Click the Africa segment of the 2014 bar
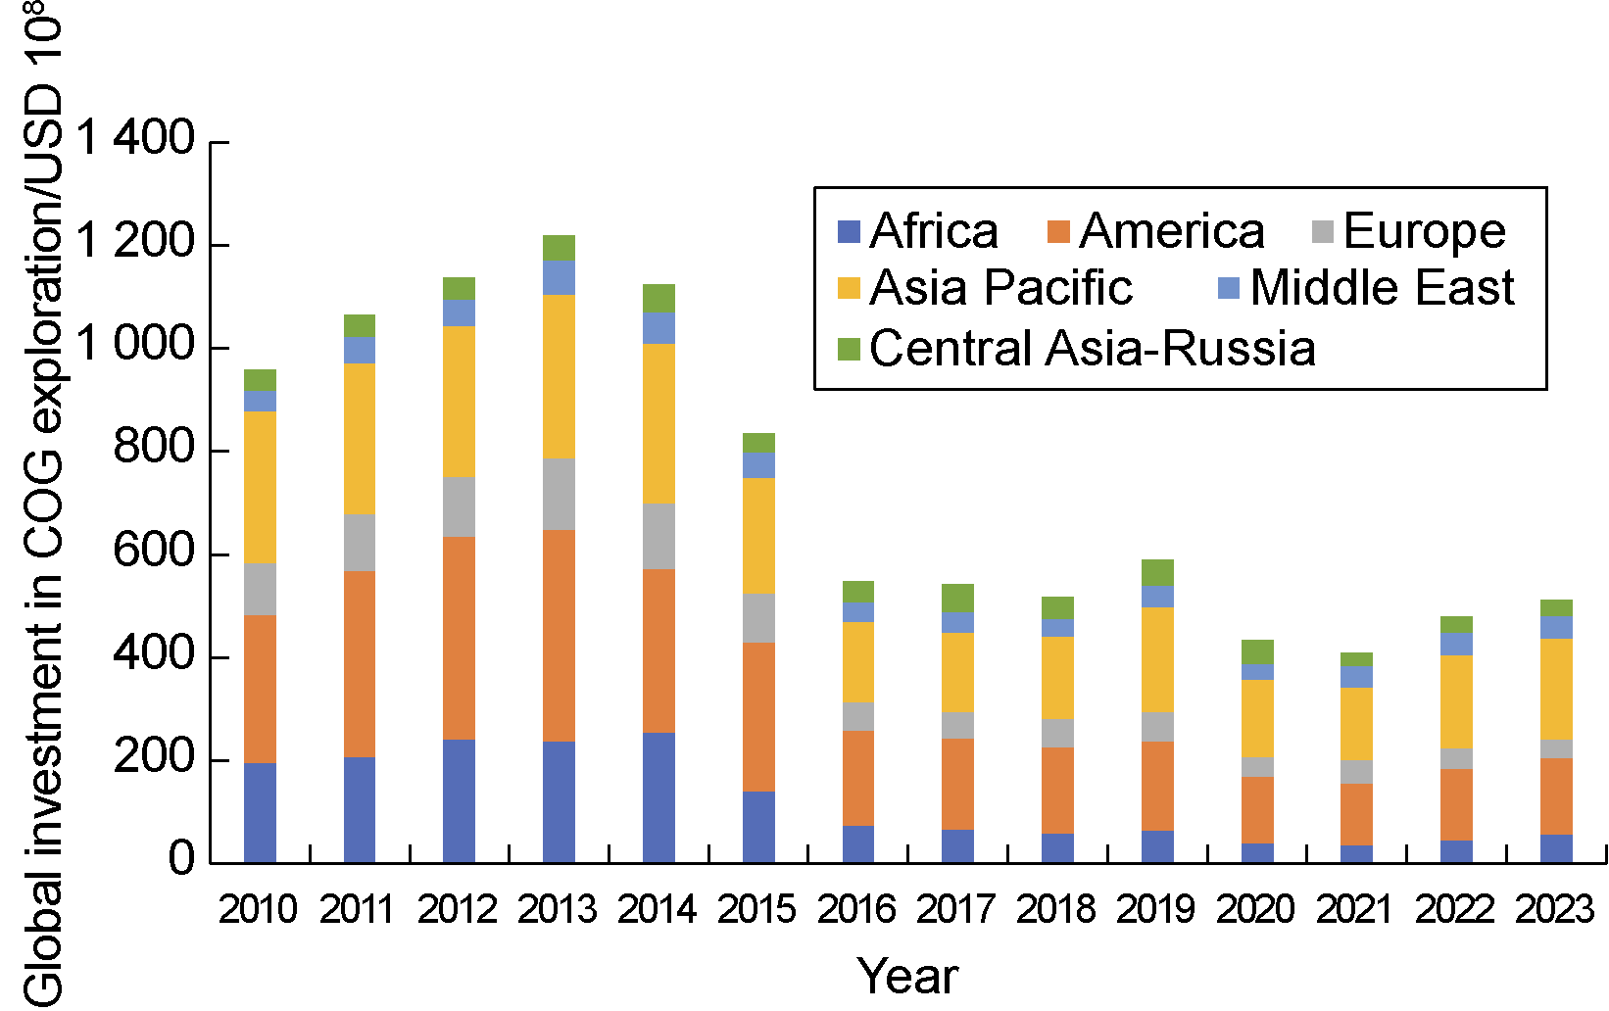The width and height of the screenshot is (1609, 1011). pos(658,797)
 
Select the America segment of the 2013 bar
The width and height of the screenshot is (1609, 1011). pos(559,636)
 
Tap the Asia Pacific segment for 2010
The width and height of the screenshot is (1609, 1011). pos(260,487)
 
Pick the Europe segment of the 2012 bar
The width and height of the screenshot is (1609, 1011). pos(459,506)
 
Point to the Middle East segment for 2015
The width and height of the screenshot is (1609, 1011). pos(758,464)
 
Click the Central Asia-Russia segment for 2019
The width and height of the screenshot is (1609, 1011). pos(1157,572)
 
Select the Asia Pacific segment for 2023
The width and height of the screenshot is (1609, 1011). pos(1556,689)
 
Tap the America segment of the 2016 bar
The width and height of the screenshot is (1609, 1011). pos(858,778)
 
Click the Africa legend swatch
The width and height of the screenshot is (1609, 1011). pos(849,232)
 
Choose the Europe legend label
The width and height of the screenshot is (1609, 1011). pos(1424,231)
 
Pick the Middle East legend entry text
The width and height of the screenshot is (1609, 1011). pos(1382,288)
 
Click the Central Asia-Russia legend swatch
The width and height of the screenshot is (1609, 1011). pos(849,349)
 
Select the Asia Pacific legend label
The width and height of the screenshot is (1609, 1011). pos(1000,288)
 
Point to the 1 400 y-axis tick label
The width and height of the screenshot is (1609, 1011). pos(136,138)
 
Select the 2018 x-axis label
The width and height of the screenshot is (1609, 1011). pos(1056,910)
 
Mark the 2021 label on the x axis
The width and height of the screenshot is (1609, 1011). pos(1355,910)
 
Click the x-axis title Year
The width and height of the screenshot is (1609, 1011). pos(907,976)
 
